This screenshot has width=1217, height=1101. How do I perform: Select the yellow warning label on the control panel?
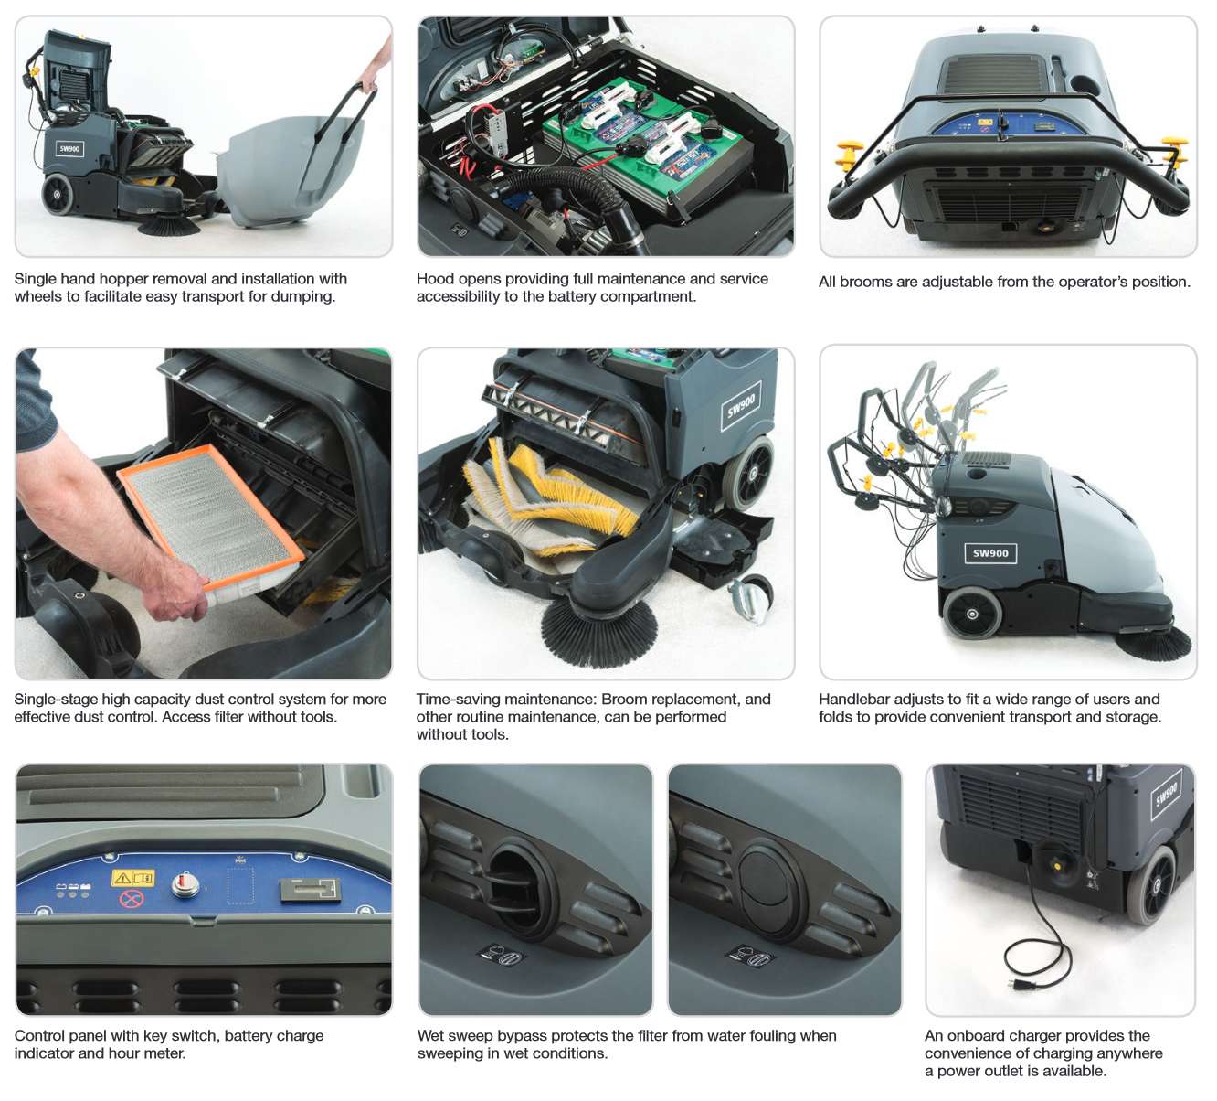132,878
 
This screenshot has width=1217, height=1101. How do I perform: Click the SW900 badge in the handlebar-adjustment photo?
990,553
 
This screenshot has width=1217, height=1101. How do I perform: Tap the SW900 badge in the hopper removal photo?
69,149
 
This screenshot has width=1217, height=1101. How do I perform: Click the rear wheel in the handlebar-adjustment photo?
972,614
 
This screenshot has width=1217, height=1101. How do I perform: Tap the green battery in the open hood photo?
644,143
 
